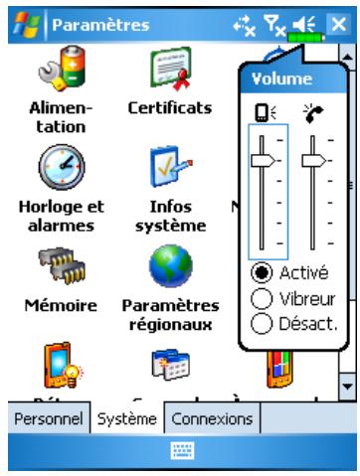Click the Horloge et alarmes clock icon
(56, 166)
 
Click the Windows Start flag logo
(21, 18)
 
